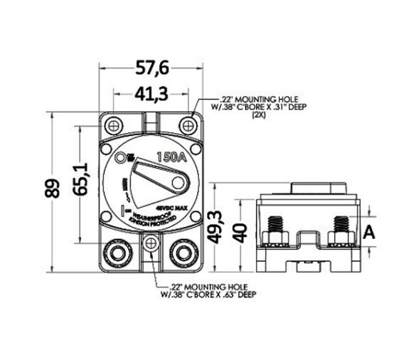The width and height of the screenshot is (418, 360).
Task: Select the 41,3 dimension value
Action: coord(151,94)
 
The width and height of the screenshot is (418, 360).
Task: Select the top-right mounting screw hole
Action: coord(188,125)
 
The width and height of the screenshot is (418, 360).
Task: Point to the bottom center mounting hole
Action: coord(150,245)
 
